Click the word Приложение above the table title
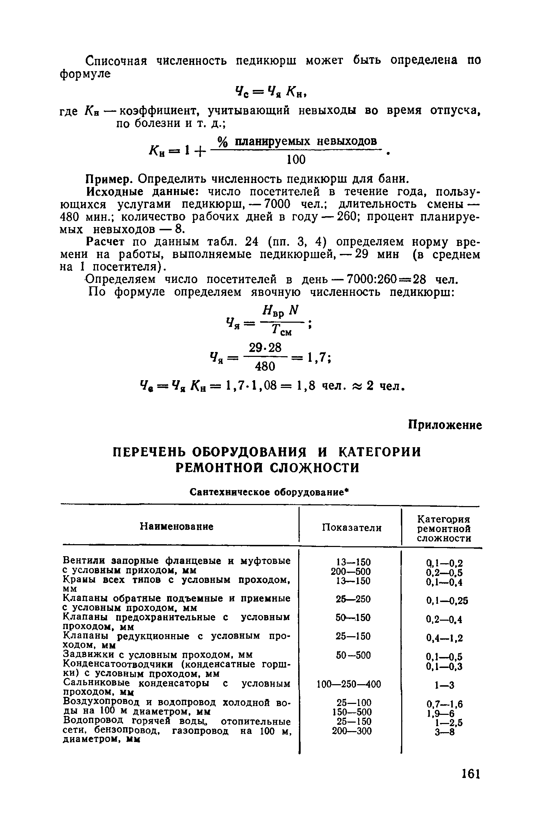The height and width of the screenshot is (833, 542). (445, 426)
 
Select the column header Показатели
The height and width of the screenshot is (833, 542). (352, 528)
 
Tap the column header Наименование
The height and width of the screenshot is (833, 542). (177, 527)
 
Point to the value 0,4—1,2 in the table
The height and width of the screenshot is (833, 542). (444, 638)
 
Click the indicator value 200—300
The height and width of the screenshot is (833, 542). (352, 731)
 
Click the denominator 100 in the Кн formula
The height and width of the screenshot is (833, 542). (296, 160)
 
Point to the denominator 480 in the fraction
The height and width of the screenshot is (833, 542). (264, 367)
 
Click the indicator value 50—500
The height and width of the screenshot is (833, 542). (353, 655)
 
